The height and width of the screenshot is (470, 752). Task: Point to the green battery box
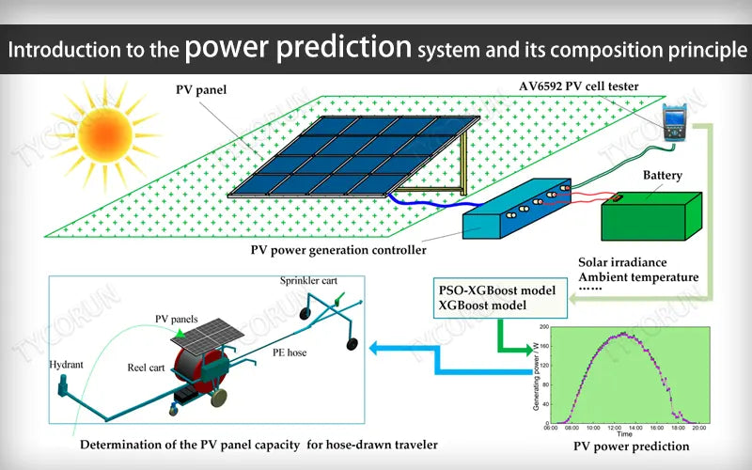click(651, 215)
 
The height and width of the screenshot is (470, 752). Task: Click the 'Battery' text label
click(662, 176)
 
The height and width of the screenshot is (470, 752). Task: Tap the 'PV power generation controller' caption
click(338, 251)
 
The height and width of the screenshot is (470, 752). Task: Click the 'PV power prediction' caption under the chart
click(632, 446)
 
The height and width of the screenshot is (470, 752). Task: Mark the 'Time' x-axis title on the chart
click(624, 434)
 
